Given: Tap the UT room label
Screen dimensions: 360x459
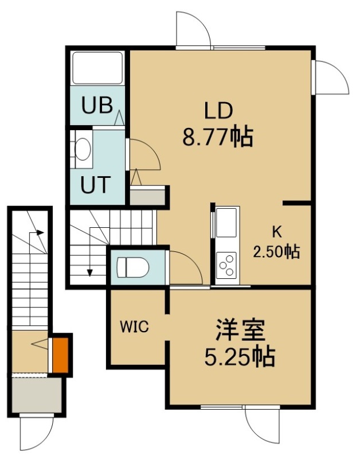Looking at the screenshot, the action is tap(96, 184).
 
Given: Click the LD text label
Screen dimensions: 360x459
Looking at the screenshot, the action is tap(218, 111).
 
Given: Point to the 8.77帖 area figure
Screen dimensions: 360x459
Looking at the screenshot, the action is tap(218, 137).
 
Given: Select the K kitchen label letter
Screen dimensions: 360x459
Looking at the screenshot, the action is tap(277, 232).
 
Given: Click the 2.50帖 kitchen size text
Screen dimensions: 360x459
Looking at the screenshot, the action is tap(276, 251).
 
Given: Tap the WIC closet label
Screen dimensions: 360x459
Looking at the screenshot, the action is tap(135, 326).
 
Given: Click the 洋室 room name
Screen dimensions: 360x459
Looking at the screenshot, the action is tap(240, 330).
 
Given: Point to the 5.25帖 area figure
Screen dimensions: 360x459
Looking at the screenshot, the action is tap(240, 357).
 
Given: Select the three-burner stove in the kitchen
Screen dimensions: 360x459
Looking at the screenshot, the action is tap(226, 264).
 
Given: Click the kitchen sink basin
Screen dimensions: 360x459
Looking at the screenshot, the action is tap(226, 223).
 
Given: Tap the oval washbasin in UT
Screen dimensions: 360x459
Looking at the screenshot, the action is tap(83, 149).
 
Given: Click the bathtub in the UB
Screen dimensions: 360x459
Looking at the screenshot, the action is tap(97, 68).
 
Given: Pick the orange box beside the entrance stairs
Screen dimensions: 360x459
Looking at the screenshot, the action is tap(61, 355).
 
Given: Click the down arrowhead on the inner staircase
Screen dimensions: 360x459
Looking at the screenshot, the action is tap(90, 273).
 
